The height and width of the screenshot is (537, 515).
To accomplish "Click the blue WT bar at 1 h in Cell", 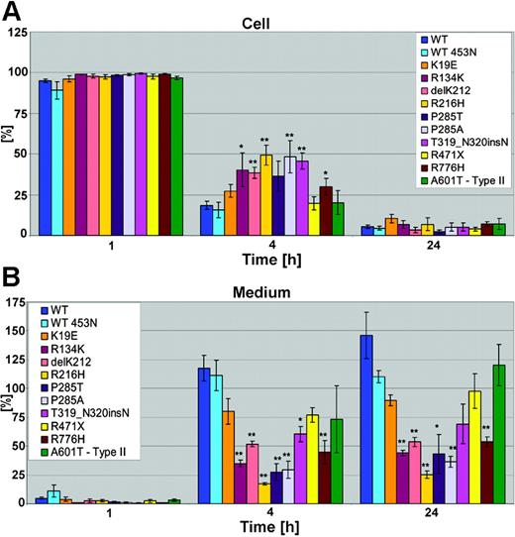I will click(45, 159).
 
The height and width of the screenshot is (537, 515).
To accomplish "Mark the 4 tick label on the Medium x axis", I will click(272, 513).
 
